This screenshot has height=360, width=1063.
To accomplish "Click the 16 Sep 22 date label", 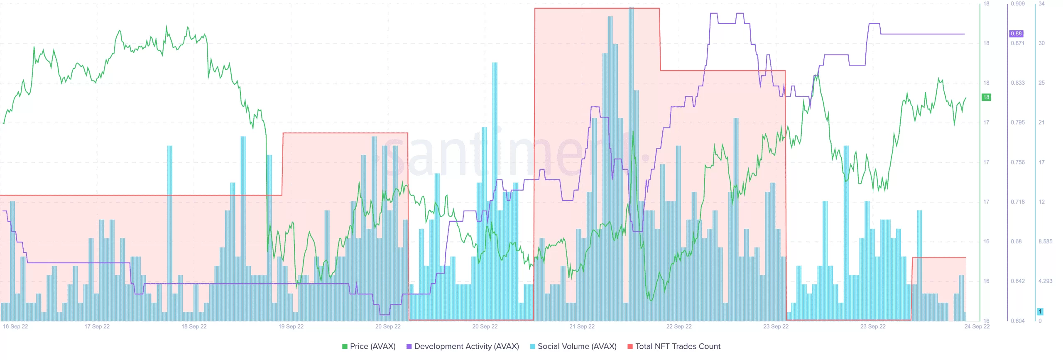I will [x=15, y=326].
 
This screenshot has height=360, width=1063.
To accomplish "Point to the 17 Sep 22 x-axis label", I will [x=97, y=326].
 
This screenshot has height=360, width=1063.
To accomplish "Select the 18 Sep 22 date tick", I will [x=194, y=326].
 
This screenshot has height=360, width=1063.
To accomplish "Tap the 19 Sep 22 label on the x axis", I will [x=291, y=326].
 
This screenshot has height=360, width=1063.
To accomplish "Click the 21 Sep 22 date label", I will [x=582, y=326].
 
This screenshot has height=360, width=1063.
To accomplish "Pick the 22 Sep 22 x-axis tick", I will [x=679, y=326].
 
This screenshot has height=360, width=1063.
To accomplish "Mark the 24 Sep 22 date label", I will [x=977, y=326].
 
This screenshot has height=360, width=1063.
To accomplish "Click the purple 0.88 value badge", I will [x=1016, y=34].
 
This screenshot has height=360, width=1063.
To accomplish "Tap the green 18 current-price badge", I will [x=986, y=97].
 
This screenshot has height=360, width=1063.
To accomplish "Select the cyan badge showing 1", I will [x=1040, y=311].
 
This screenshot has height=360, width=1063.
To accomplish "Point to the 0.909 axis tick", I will [x=1018, y=4].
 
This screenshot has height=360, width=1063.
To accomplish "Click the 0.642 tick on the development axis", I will [x=1018, y=281].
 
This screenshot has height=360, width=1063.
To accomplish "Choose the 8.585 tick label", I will [x=1046, y=241].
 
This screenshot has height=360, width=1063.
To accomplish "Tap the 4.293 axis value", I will [x=1046, y=281].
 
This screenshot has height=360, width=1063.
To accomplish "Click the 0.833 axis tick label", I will [x=1018, y=83].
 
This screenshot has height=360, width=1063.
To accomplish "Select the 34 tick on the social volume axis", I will [x=1041, y=4].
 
